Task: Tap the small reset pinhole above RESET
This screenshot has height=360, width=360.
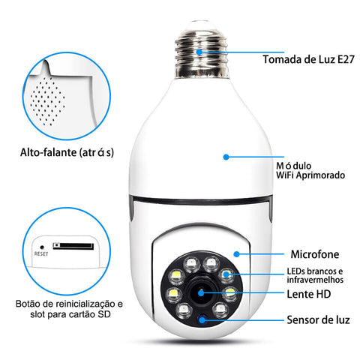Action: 40,245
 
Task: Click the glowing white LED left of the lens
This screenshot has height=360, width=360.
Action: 171,292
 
